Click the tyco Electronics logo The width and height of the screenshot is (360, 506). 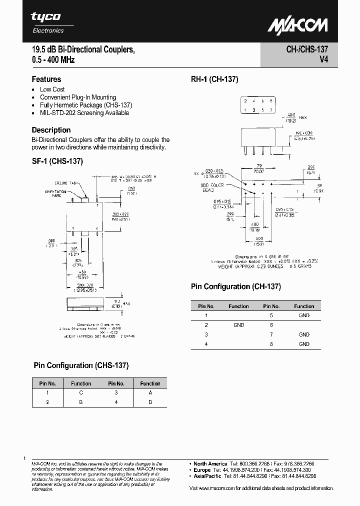pyautogui.click(x=46, y=22)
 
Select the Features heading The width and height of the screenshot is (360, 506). pyautogui.click(x=46, y=79)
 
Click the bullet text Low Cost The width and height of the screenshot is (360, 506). pyautogui.click(x=52, y=89)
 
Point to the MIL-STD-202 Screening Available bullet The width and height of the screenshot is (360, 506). pyautogui.click(x=84, y=112)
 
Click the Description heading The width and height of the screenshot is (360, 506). pyautogui.click(x=51, y=130)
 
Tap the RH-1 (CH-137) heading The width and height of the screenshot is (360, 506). pyautogui.click(x=214, y=79)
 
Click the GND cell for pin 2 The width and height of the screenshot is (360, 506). pyautogui.click(x=238, y=325)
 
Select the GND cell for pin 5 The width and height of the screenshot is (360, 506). pyautogui.click(x=304, y=315)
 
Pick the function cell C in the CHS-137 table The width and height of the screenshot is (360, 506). pyautogui.click(x=81, y=393)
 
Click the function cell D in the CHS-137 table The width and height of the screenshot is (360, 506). pyautogui.click(x=150, y=402)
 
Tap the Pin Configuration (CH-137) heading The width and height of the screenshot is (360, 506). pyautogui.click(x=235, y=286)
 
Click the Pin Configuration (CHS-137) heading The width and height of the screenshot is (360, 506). pyautogui.click(x=81, y=365)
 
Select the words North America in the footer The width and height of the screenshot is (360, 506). pyautogui.click(x=210, y=464)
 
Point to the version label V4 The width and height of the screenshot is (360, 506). pyautogui.click(x=323, y=59)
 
